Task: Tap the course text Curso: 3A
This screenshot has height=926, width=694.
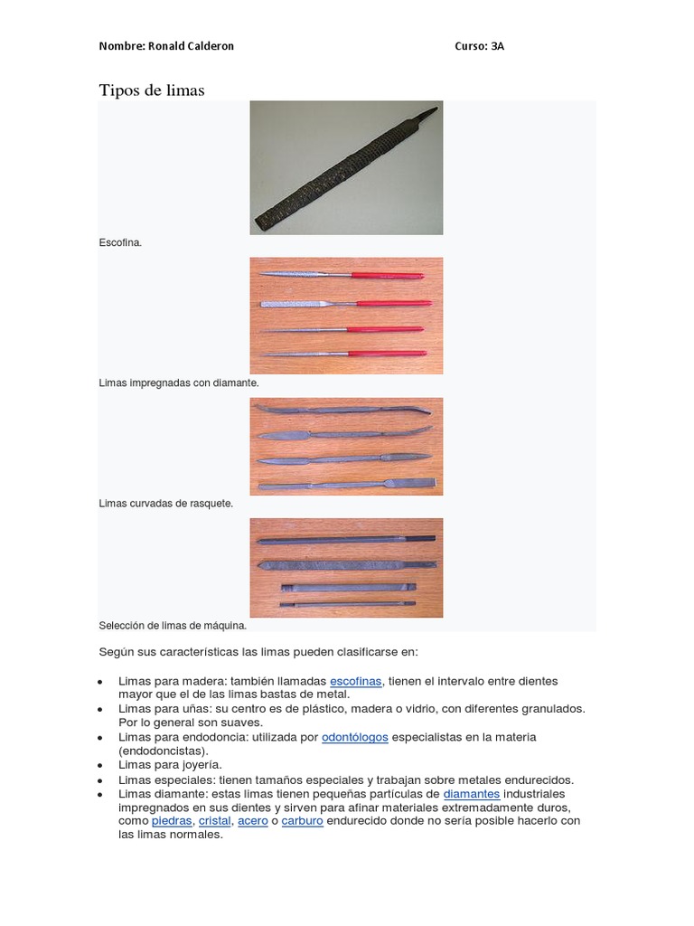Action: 479,45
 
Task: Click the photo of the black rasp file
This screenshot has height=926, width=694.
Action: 346,168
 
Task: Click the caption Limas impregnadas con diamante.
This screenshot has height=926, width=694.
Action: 178,383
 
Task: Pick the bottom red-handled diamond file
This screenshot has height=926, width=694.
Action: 343,353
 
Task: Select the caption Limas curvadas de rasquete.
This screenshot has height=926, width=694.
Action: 165,503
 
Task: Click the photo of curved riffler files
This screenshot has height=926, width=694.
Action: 346,447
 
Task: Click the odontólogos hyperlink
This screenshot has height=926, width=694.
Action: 355,737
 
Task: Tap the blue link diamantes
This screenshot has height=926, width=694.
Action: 472,793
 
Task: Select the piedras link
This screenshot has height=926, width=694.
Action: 172,820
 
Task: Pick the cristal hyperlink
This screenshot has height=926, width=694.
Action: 215,820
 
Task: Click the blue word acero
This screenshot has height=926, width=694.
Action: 253,820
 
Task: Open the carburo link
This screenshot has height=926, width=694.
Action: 302,820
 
